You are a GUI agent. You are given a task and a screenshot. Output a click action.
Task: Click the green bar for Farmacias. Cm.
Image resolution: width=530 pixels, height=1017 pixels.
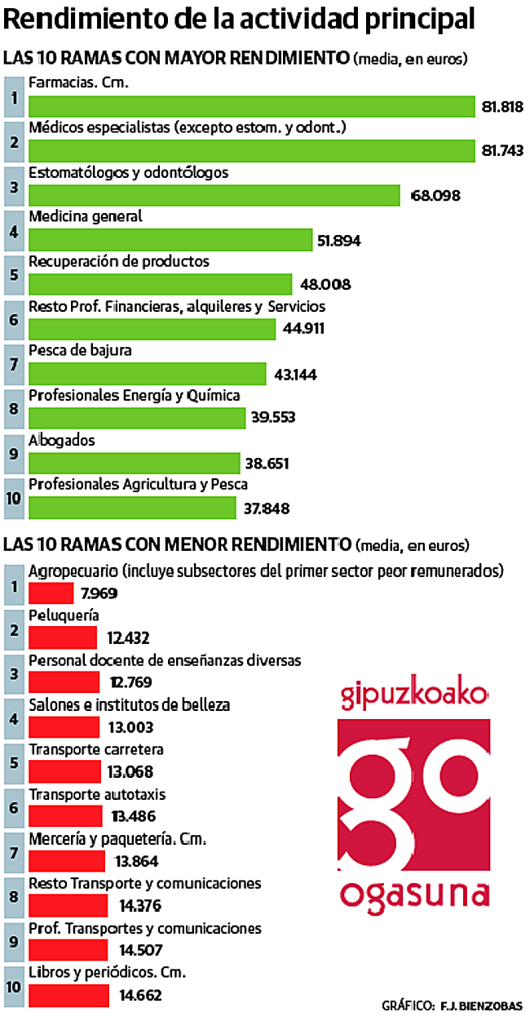251,107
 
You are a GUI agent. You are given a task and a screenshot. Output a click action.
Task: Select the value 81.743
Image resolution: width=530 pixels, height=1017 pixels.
501,151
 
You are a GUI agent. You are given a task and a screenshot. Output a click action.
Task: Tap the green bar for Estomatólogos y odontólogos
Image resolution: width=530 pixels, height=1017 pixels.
214,195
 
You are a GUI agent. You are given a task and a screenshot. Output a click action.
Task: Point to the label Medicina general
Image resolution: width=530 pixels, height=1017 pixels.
86,217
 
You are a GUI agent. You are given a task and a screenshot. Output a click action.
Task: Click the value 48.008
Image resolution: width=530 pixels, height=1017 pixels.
325,285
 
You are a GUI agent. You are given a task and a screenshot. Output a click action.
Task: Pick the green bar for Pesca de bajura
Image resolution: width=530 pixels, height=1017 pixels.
147,373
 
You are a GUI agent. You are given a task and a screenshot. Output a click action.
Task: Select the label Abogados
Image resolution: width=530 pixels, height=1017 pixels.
62,440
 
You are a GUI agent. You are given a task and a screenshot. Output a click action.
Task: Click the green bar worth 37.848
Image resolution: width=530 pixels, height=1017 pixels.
132,507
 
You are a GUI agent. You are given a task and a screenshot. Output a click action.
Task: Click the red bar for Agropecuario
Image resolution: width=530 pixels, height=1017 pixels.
51,593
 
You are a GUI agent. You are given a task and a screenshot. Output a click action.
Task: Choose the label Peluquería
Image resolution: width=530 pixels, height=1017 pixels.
64,615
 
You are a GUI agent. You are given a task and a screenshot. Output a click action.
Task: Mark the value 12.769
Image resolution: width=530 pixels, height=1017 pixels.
130,682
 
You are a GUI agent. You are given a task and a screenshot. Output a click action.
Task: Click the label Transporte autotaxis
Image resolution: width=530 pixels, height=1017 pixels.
97,794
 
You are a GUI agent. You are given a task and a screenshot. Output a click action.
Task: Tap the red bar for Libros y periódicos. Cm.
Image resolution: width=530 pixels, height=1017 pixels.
68,995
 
